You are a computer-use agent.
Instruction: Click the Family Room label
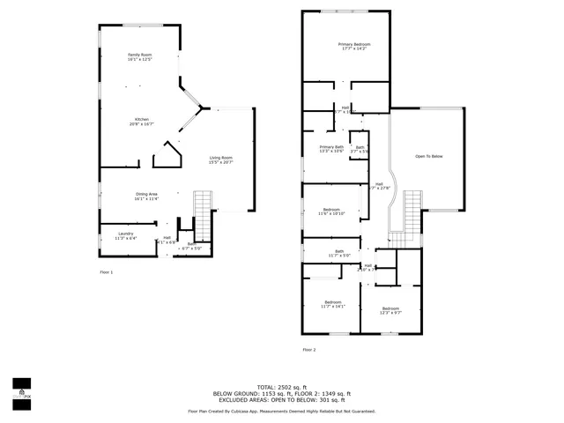(140, 57)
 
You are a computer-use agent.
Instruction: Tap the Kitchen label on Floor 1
(140, 122)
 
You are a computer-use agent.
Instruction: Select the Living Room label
(220, 160)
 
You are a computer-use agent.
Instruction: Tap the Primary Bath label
(332, 149)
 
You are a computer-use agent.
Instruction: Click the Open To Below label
(428, 156)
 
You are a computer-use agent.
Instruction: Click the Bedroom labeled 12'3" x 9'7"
(390, 310)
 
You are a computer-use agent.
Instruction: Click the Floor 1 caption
(106, 272)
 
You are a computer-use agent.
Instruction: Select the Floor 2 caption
(308, 350)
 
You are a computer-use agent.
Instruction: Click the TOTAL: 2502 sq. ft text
(281, 387)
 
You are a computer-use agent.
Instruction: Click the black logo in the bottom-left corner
(20, 389)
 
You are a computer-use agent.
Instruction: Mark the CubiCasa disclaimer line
(281, 412)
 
